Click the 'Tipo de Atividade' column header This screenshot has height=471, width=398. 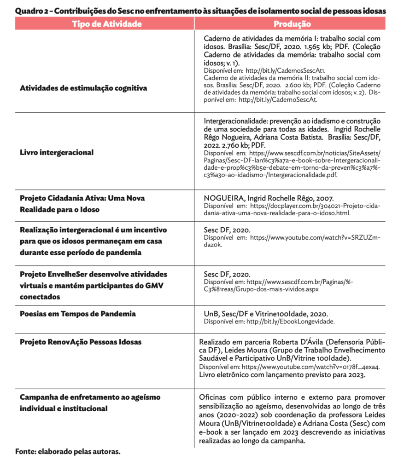106,24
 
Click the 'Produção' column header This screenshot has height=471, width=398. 292,24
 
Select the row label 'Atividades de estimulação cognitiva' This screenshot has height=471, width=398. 83,88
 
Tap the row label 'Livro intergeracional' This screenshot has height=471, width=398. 57,152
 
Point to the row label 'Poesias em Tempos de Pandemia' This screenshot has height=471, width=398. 78,314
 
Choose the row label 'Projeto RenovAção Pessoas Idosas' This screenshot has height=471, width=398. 81,342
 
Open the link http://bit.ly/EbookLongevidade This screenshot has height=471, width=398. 290,322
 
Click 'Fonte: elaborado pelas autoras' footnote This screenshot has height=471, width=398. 68,451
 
